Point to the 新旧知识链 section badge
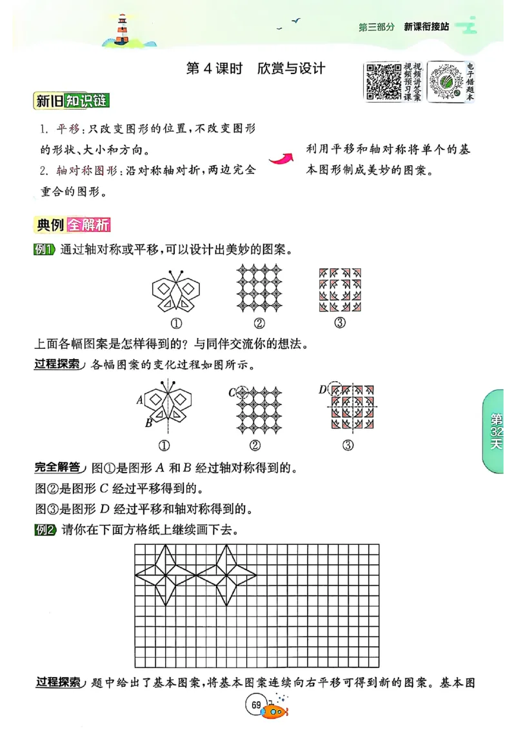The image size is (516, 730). [x=71, y=101]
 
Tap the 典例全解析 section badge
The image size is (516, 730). [x=73, y=225]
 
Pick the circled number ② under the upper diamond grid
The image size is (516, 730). [x=259, y=323]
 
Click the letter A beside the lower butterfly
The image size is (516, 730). [x=139, y=400]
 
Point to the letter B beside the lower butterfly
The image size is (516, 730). [x=148, y=423]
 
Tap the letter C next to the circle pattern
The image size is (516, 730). [x=232, y=392]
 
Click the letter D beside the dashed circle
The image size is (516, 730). [x=322, y=390]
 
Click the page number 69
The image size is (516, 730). [x=256, y=704]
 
